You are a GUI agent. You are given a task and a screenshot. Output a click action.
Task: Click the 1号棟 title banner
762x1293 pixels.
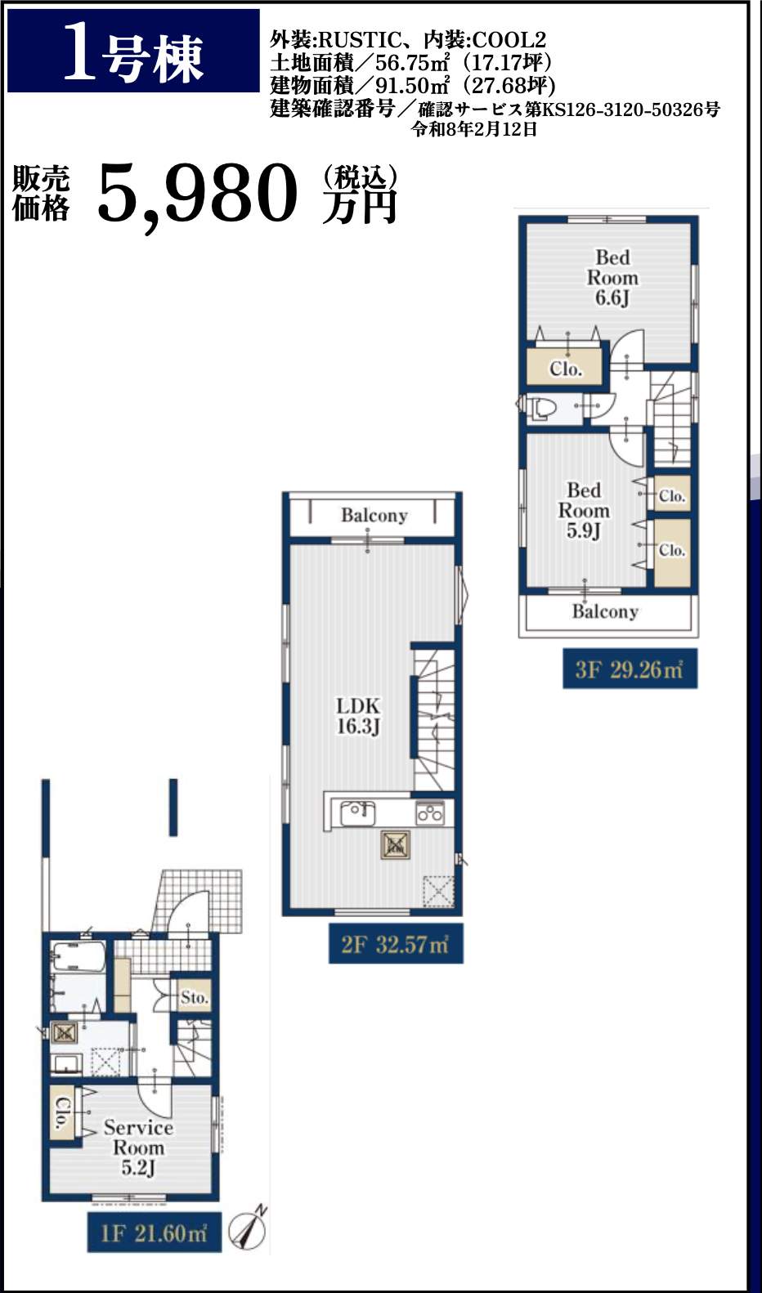click(133, 51)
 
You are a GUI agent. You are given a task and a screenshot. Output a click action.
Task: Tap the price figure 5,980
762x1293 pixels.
click(198, 194)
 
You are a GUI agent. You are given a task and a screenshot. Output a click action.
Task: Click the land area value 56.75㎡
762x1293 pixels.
click(413, 62)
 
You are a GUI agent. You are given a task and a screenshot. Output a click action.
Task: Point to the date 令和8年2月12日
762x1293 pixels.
click(474, 129)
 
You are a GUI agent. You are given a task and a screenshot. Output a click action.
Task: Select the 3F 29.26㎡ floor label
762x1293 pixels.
click(630, 669)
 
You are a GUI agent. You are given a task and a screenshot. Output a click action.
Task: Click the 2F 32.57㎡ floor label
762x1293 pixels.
click(396, 944)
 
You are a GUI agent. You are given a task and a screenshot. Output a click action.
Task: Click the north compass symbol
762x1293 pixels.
click(249, 1228)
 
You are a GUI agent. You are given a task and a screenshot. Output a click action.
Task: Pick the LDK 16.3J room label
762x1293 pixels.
click(358, 716)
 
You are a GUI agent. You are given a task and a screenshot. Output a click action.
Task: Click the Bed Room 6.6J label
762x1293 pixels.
click(612, 278)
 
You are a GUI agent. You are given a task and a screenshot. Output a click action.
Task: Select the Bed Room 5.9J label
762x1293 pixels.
click(584, 511)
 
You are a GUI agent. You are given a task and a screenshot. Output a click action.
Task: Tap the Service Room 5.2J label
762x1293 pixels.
click(138, 1148)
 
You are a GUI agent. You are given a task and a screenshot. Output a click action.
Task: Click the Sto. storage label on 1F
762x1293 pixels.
click(194, 997)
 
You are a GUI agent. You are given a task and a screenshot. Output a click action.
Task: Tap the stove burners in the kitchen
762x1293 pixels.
click(430, 813)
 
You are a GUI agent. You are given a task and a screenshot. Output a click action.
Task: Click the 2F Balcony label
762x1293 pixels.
click(374, 515)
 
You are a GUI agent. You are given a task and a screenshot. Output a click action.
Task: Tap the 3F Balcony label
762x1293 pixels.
click(605, 611)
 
